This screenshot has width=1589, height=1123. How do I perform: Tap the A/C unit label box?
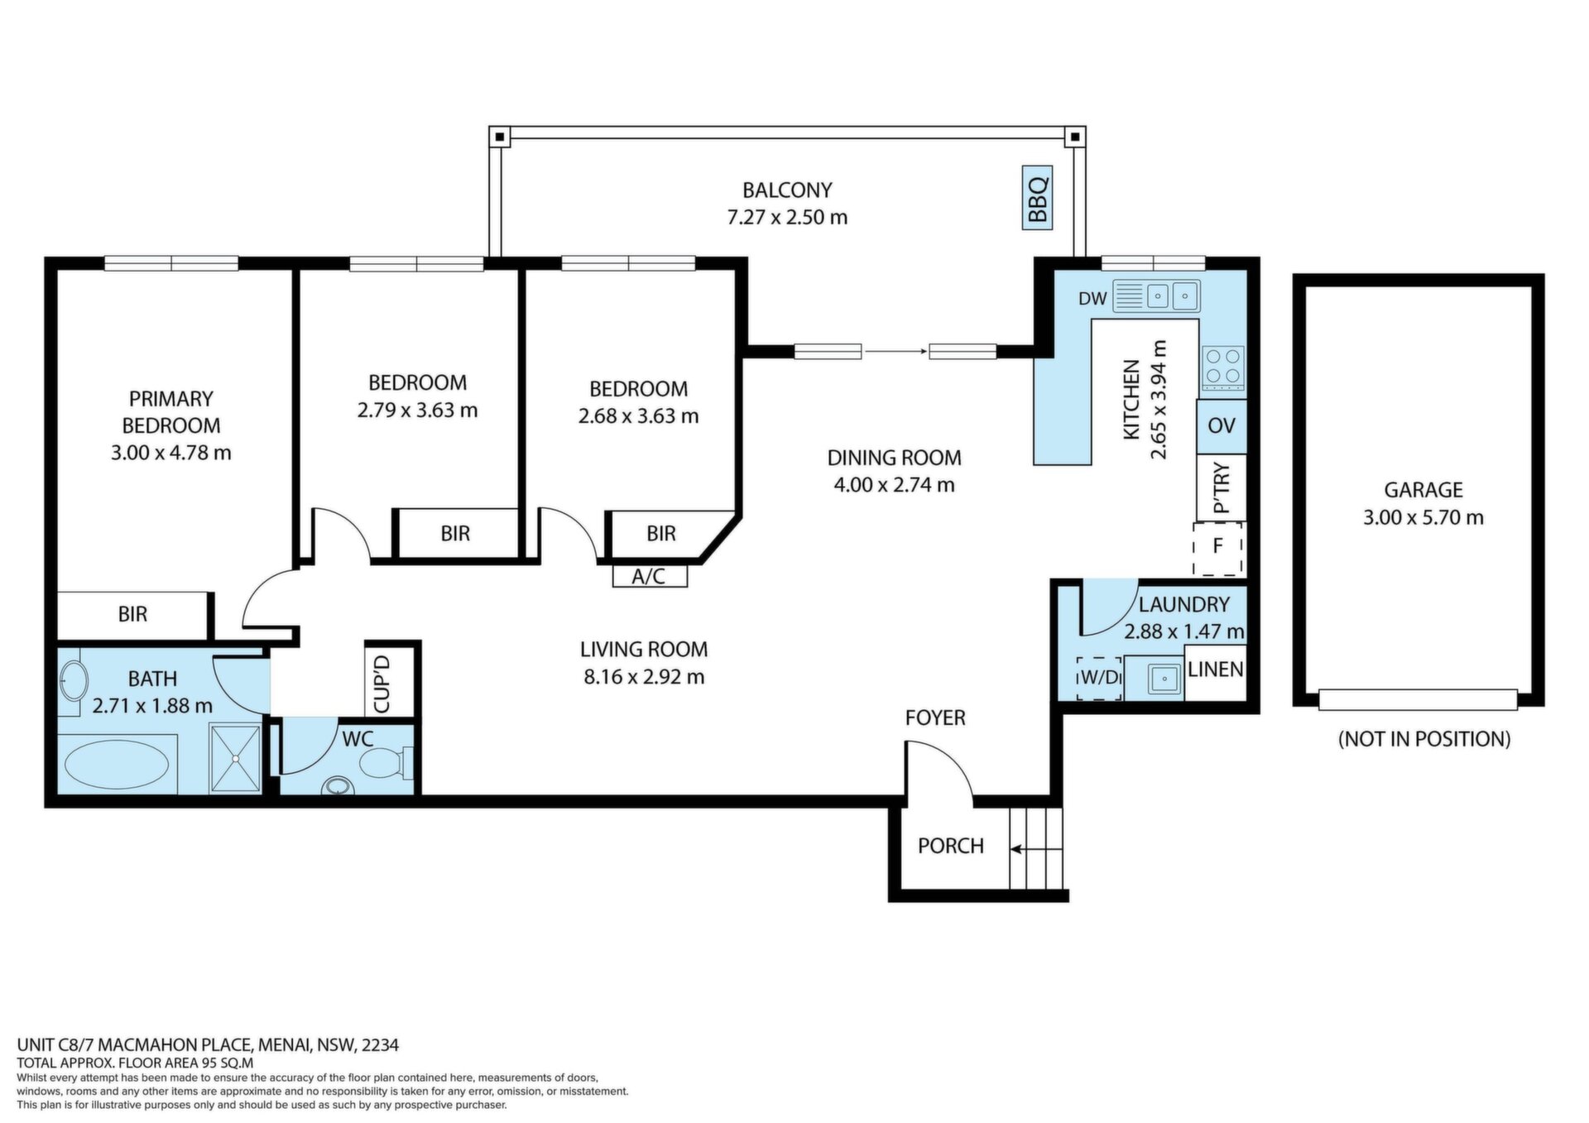point(650,575)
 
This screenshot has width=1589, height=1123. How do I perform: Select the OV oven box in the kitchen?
point(1221,426)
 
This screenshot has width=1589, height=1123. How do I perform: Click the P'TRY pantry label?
point(1222,488)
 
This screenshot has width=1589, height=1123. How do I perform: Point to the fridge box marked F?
point(1218,547)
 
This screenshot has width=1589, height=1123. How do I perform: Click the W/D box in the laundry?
point(1099,678)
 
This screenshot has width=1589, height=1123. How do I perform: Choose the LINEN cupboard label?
point(1215,669)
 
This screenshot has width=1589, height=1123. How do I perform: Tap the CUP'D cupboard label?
point(382,684)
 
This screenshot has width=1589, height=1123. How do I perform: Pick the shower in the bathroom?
point(235,758)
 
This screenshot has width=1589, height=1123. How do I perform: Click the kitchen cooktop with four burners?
point(1222,367)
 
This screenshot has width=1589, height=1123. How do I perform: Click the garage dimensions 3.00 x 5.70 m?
point(1423,518)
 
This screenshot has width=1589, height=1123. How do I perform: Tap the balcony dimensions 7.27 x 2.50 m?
point(787,218)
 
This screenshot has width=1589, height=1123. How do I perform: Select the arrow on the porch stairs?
point(1034,849)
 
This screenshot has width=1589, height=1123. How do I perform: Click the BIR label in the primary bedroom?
point(132,614)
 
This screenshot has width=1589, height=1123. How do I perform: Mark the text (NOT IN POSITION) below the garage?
point(1423,739)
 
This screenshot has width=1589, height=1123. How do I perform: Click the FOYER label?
point(935,718)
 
